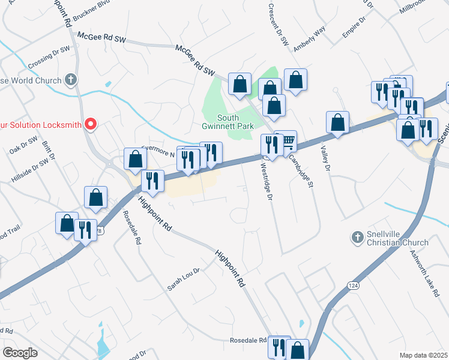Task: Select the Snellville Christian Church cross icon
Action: click(x=358, y=238)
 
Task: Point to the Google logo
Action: click(x=19, y=353)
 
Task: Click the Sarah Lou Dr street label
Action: click(x=183, y=280)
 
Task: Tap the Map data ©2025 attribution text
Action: click(x=424, y=355)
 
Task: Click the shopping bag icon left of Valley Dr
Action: click(x=337, y=123)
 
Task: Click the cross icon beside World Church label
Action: click(x=71, y=79)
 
